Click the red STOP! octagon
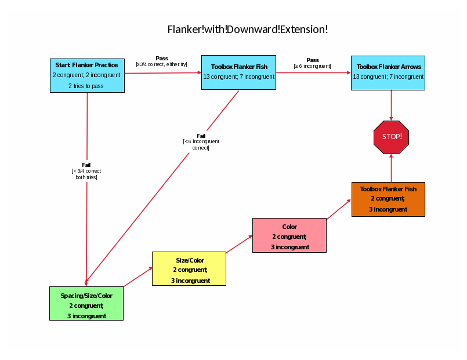[392, 137]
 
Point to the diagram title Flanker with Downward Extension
[248, 29]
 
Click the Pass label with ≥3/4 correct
[162, 61]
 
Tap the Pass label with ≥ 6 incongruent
[312, 63]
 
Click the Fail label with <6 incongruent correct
[201, 141]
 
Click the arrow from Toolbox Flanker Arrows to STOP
[391, 106]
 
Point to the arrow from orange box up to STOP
[391, 168]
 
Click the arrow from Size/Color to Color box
[239, 245]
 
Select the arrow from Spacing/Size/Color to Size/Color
[138, 277]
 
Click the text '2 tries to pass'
[86, 86]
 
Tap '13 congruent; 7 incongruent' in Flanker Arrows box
[388, 77]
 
